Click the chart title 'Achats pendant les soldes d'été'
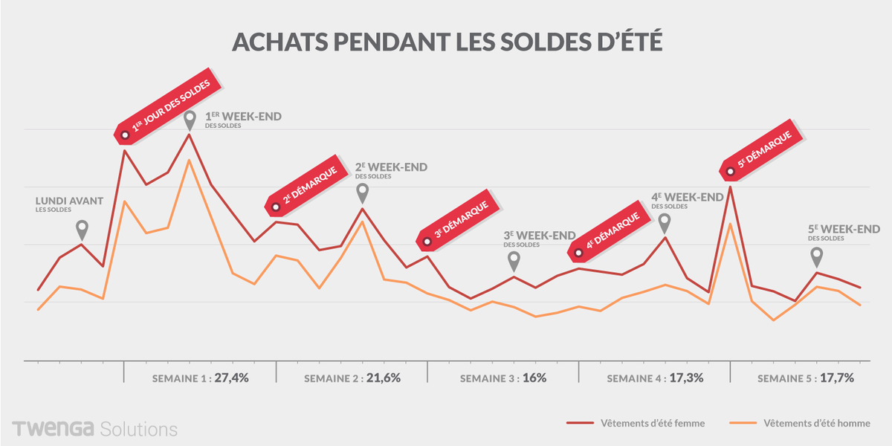(446, 41)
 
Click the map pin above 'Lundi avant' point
(82, 229)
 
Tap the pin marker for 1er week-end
(190, 120)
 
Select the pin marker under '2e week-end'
(363, 193)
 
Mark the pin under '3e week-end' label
(514, 261)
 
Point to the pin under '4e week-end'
(665, 222)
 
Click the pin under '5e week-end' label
(816, 256)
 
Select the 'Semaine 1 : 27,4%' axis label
(200, 378)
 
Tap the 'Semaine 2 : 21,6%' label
(352, 378)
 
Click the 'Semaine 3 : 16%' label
(503, 378)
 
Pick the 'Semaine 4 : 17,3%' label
(655, 378)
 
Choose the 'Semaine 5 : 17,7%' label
(806, 378)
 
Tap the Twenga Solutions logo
(94, 429)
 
